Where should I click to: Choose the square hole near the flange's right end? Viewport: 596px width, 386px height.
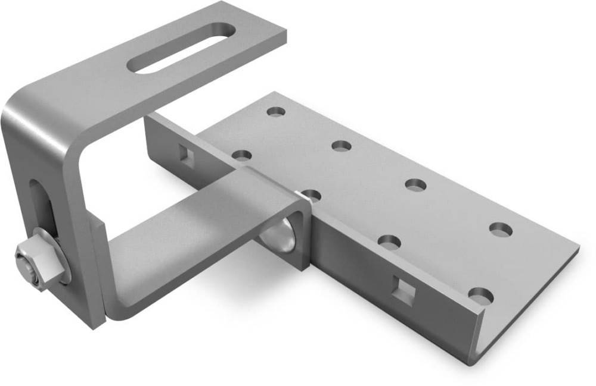tap(405, 291)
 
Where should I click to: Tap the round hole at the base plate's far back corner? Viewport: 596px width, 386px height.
tap(277, 111)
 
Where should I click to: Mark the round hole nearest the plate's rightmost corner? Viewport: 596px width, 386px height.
tap(501, 228)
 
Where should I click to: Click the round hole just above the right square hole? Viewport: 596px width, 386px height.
tap(389, 241)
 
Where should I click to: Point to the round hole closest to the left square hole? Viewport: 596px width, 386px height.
tap(241, 156)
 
